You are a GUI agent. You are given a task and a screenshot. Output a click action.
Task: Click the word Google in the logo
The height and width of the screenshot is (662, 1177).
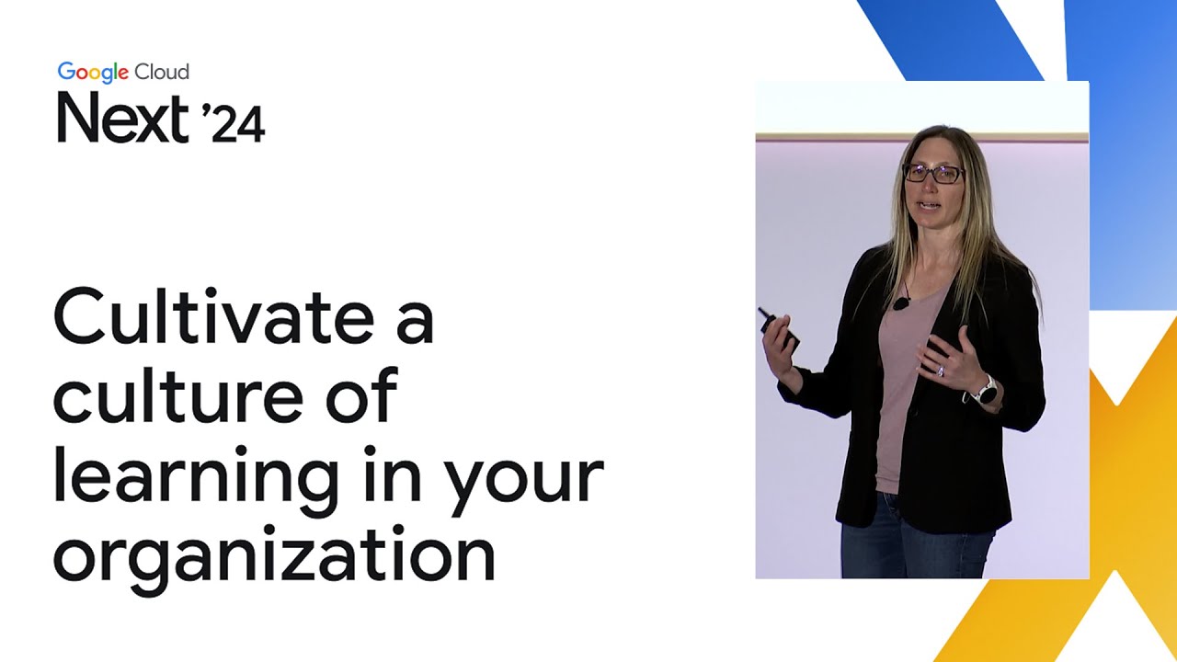94,73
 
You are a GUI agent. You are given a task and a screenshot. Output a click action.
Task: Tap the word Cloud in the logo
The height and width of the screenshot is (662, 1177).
162,72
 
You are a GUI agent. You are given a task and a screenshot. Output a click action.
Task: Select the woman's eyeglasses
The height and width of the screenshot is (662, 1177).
932,173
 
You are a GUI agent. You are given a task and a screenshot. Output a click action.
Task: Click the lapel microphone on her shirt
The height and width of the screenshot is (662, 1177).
900,302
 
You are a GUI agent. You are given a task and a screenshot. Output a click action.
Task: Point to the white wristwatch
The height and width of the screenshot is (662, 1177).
985,391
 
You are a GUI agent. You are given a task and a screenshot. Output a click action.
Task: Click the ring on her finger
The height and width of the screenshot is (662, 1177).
940,370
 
